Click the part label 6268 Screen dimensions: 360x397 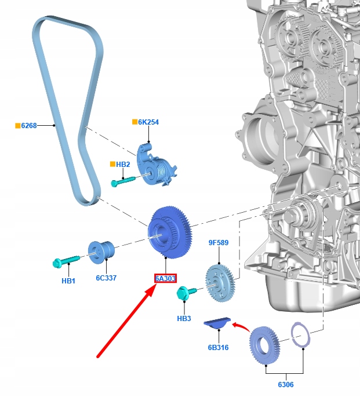(29, 126)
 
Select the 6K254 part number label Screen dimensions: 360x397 (148, 122)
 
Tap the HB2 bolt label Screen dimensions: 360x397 (123, 165)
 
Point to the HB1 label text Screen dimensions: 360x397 (68, 281)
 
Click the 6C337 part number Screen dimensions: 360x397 (106, 278)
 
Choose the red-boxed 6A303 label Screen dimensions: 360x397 (165, 279)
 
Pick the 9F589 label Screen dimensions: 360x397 (219, 243)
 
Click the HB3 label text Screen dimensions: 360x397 (184, 319)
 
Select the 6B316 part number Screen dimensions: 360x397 (218, 348)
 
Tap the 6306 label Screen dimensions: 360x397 (286, 385)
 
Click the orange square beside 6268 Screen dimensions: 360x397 (18, 126)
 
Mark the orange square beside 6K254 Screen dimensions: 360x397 (134, 122)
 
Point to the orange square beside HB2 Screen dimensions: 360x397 (112, 164)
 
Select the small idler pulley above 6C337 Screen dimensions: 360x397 (101, 252)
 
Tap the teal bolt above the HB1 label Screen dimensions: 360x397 (66, 261)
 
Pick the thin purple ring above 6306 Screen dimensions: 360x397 (300, 335)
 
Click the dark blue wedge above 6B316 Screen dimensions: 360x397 (217, 323)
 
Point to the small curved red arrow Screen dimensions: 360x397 (241, 326)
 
